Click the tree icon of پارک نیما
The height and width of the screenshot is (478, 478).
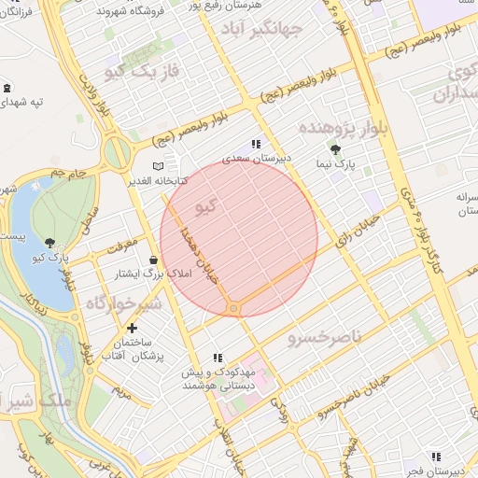[x=335, y=148]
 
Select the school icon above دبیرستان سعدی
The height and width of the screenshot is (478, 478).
[x=256, y=144]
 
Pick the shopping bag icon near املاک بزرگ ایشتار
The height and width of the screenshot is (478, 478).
[x=153, y=260]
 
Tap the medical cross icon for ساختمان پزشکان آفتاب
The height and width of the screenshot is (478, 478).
[x=132, y=328]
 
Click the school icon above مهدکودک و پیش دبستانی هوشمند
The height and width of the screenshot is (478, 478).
[x=218, y=357]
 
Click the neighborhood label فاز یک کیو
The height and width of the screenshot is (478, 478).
[x=116, y=72]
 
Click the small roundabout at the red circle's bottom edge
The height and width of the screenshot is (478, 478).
[x=233, y=308]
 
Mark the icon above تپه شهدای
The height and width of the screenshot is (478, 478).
[x=7, y=88]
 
